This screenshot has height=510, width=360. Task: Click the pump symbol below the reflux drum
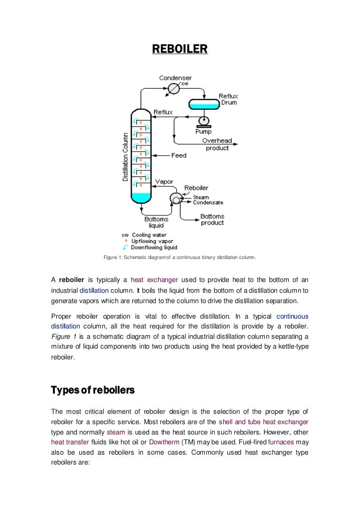204,121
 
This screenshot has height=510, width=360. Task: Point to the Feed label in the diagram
179,155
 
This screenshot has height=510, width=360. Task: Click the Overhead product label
217,145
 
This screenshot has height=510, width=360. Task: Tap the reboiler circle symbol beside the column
176,199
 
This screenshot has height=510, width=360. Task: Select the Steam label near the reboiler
201,198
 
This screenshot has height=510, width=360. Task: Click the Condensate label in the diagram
208,203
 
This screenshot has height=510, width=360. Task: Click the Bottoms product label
212,220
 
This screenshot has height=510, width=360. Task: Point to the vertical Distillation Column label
125,157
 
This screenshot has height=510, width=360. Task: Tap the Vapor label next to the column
164,182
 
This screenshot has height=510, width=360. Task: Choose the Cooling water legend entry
149,235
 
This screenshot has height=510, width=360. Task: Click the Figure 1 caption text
180,257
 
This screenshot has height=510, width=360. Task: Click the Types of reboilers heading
93,390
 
